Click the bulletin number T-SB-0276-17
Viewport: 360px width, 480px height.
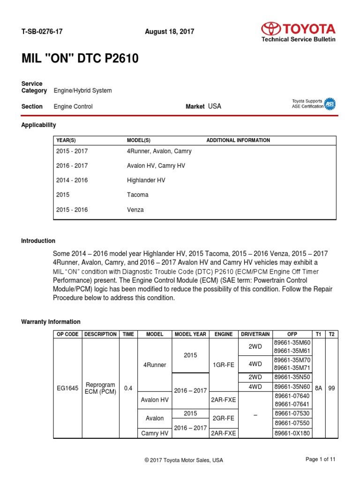pyautogui.click(x=42, y=31)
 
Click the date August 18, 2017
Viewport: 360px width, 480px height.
pyautogui.click(x=170, y=31)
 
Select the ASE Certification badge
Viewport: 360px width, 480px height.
pyautogui.click(x=330, y=104)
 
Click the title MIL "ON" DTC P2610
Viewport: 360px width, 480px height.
pyautogui.click(x=80, y=59)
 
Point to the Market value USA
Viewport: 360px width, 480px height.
pyautogui.click(x=214, y=106)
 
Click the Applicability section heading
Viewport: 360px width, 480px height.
pyautogui.click(x=38, y=125)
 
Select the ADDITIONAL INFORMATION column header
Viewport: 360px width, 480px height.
pyautogui.click(x=238, y=140)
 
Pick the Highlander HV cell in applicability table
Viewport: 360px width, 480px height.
pyautogui.click(x=146, y=180)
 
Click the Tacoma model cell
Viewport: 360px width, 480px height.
pyautogui.click(x=137, y=195)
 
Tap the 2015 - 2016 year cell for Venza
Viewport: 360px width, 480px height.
pyautogui.click(x=72, y=210)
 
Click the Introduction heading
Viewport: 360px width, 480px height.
pyautogui.click(x=38, y=241)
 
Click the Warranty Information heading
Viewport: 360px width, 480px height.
pyautogui.click(x=51, y=322)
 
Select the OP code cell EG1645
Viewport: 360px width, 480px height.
pyautogui.click(x=67, y=388)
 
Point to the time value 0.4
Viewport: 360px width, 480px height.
pyautogui.click(x=128, y=388)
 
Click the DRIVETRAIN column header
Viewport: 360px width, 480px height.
pyautogui.click(x=255, y=334)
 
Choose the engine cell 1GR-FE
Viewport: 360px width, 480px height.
pyautogui.click(x=224, y=365)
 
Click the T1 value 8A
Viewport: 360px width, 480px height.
pyautogui.click(x=318, y=388)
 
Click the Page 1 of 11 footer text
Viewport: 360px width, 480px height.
pyautogui.click(x=320, y=459)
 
